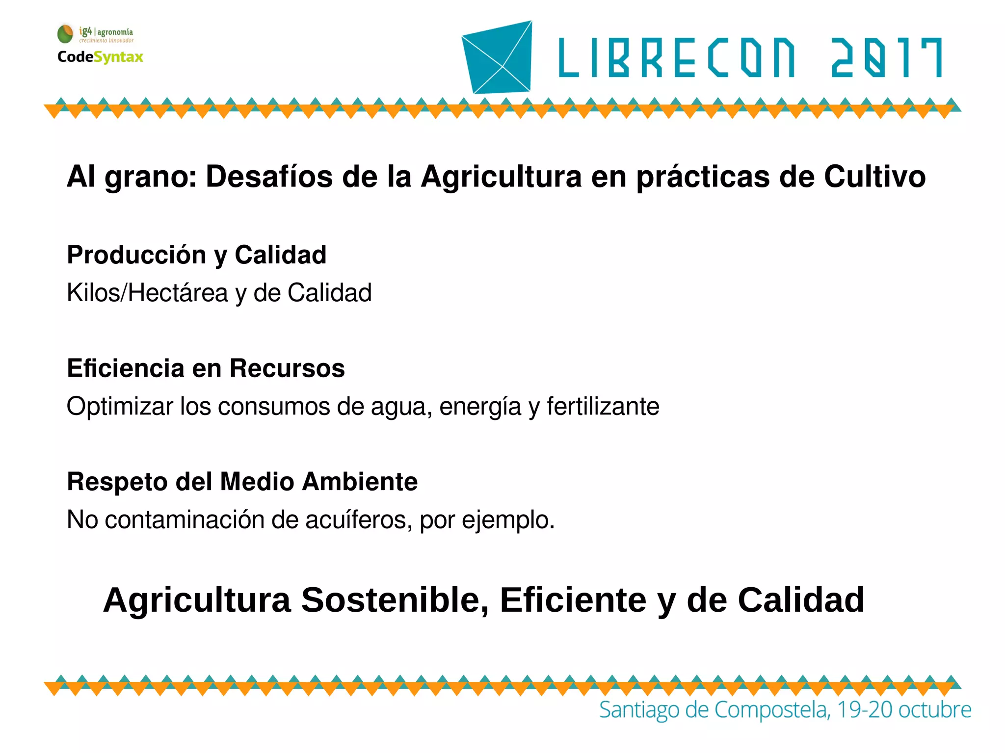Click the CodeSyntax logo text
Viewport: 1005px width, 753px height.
click(100, 57)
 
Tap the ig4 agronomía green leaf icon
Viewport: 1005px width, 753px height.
click(65, 34)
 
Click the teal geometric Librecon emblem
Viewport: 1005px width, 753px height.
click(498, 57)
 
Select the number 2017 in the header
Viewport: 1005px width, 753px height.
click(886, 58)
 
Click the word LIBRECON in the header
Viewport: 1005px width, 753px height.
click(677, 58)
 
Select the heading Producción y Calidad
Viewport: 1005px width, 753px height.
click(197, 255)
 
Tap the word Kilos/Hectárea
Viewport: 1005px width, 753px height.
click(147, 293)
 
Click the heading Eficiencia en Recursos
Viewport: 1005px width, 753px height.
click(206, 368)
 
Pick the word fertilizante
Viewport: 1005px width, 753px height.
click(603, 406)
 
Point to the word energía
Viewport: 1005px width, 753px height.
click(480, 407)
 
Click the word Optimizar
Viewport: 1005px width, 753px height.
click(120, 406)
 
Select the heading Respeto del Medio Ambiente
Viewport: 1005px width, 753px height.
click(242, 481)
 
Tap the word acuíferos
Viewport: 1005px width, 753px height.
click(359, 519)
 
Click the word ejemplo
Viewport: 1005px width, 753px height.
click(507, 520)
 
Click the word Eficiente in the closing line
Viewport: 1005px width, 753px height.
click(573, 600)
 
